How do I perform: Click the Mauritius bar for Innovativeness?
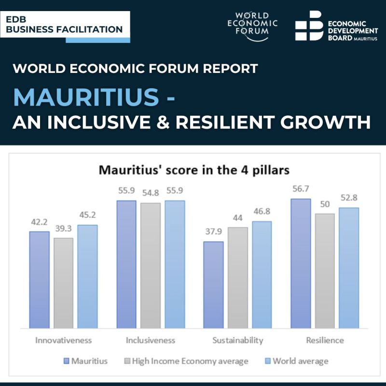39,280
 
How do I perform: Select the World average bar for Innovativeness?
87,276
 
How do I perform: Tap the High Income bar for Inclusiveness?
151,265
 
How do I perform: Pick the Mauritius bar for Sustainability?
213,285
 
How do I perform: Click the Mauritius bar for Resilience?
301,263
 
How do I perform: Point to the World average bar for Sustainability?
262,275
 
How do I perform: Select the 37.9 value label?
213,232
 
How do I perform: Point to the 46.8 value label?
262,211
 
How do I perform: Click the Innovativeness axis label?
63,340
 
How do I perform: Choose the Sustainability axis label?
238,340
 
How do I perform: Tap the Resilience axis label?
325,340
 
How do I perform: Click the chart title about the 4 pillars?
194,170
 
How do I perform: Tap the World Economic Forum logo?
252,24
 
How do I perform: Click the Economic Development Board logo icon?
309,26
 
